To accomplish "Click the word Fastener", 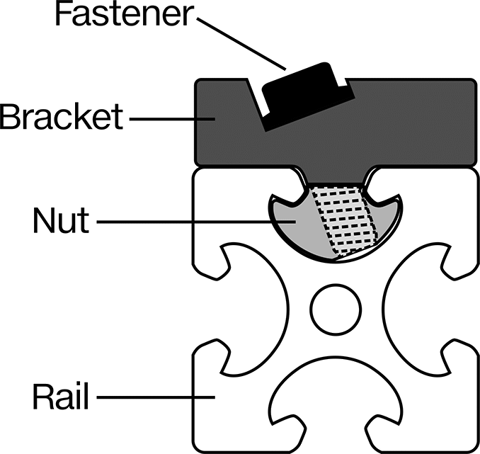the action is pyautogui.click(x=124, y=13).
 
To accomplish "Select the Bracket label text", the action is pyautogui.click(x=61, y=116).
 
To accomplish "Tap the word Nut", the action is pyautogui.click(x=61, y=220).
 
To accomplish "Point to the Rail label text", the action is pyautogui.click(x=61, y=397).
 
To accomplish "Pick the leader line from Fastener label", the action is pyautogui.click(x=241, y=43).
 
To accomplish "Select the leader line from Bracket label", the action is pyautogui.click(x=172, y=119).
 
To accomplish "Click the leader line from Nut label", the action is pyautogui.click(x=196, y=222).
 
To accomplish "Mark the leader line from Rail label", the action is pyautogui.click(x=156, y=397).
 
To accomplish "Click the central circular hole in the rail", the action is pyautogui.click(x=336, y=309).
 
